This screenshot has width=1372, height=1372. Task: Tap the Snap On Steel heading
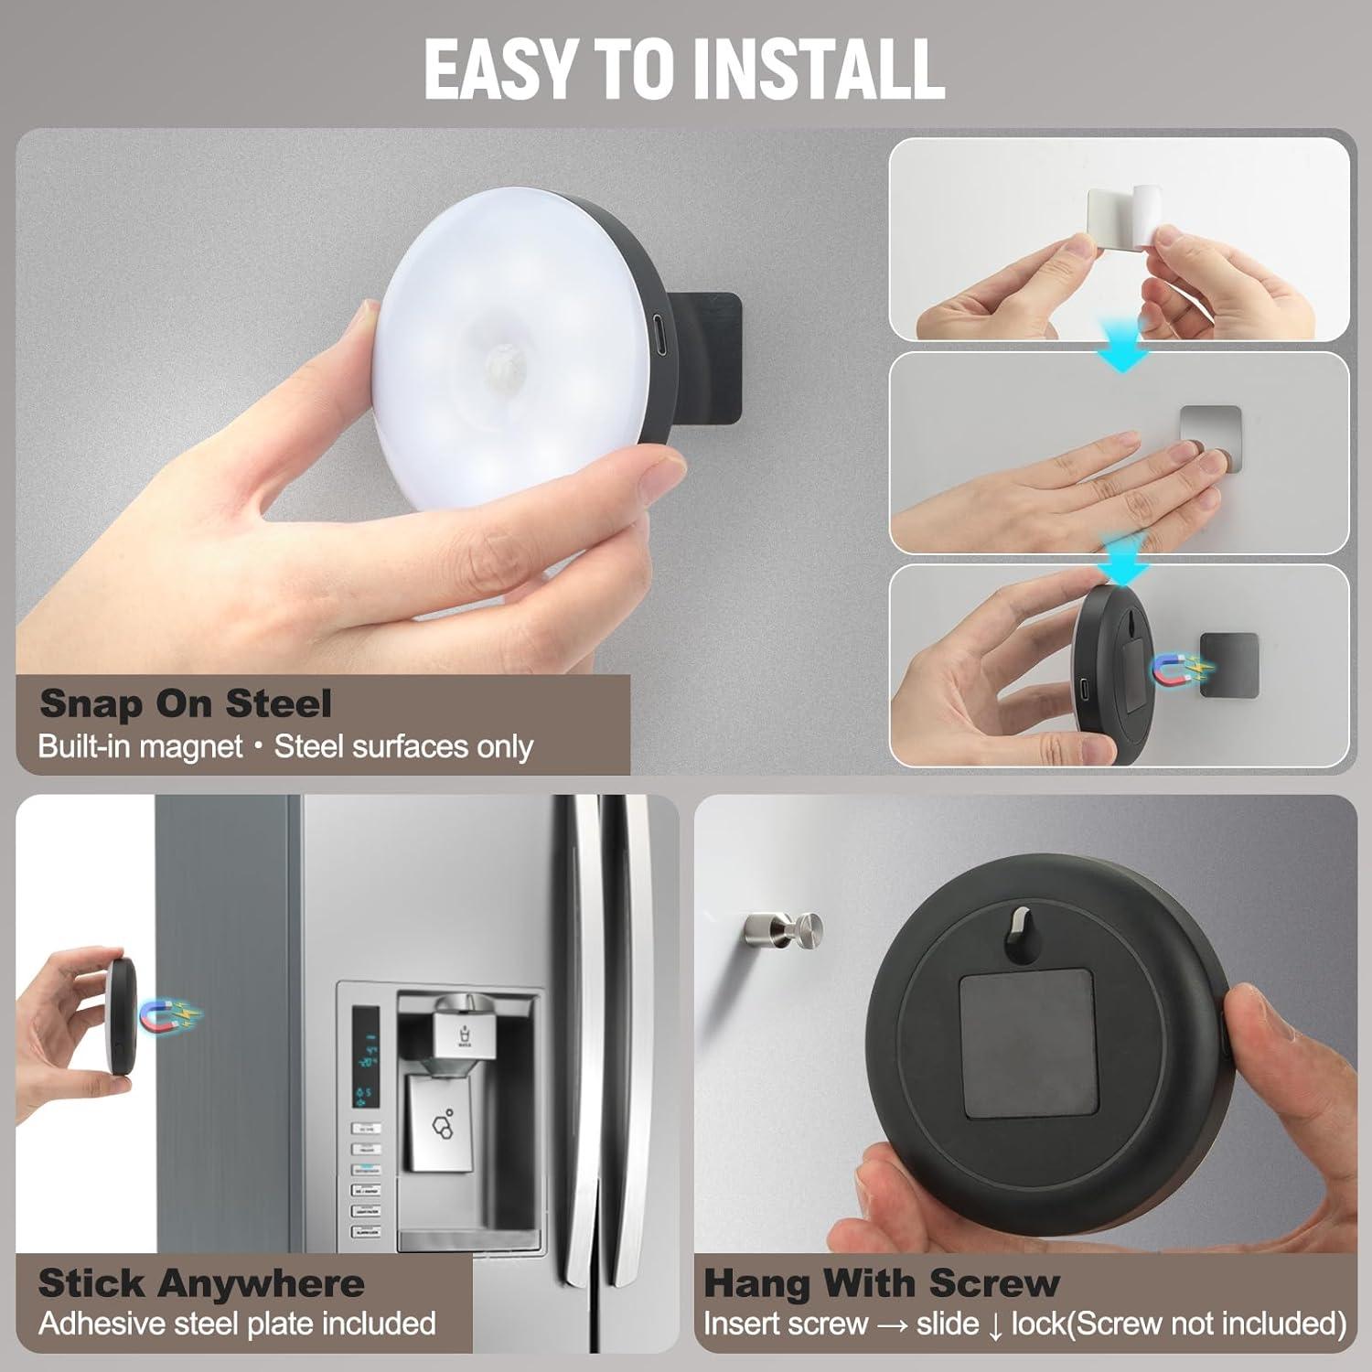point(185,704)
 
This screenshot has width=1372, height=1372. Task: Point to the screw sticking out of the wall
point(784,927)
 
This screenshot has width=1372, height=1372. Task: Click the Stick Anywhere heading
point(201,1283)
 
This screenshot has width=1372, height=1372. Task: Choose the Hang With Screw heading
point(881,1283)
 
